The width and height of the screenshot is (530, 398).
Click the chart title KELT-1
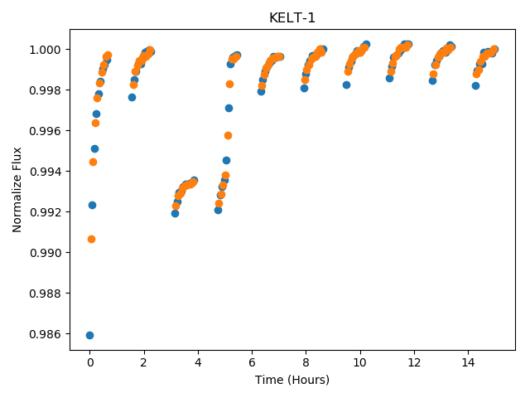click(292, 17)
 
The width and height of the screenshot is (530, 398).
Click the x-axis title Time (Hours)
click(292, 380)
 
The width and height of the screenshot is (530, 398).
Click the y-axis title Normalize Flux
click(17, 190)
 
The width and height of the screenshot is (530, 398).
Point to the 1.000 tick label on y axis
click(45, 50)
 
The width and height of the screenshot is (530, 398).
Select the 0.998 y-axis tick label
click(45, 90)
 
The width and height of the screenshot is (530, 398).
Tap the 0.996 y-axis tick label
click(45, 131)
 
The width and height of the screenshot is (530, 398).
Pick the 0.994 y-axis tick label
click(45, 172)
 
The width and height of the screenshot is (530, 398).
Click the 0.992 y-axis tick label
click(45, 212)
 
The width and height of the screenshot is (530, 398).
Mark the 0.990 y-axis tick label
click(45, 253)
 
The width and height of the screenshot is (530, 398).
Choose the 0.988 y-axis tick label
click(45, 294)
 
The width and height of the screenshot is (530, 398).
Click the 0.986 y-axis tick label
click(45, 334)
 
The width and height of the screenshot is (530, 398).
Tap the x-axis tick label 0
click(90, 362)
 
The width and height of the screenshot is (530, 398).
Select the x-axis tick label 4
click(198, 362)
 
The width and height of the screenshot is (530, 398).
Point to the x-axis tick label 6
click(252, 362)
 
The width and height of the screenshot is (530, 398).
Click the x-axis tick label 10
click(360, 362)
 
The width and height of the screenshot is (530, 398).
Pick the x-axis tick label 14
click(468, 362)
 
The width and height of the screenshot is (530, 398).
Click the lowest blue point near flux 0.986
click(89, 335)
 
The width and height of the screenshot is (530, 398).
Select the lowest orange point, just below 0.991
click(91, 240)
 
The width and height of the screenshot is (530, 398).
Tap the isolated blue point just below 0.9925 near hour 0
click(92, 205)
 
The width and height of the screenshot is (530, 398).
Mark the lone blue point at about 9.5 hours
click(346, 85)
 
